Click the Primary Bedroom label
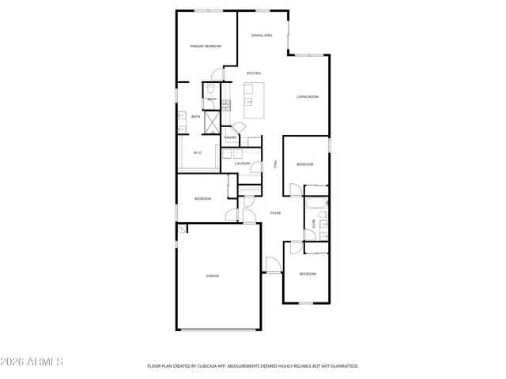tap(206, 47)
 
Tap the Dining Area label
tap(262, 36)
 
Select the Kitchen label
tap(254, 73)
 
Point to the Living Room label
tap(308, 97)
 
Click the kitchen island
tap(254, 103)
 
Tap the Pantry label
tap(231, 137)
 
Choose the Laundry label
tap(243, 163)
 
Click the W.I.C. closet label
tap(198, 153)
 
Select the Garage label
tap(213, 276)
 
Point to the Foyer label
tap(275, 213)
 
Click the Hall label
tap(274, 163)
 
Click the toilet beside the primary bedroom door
tap(212, 91)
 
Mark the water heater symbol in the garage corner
tap(183, 229)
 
